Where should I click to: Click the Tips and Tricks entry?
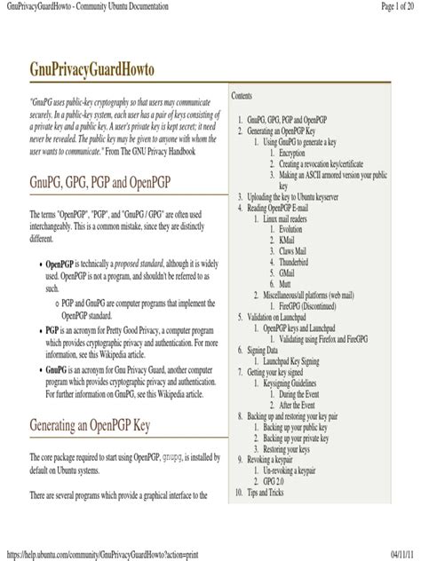click(276, 492)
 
